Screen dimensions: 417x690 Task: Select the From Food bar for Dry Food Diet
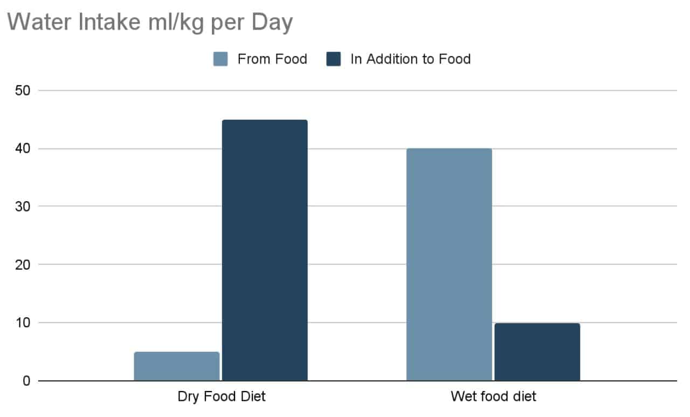pyautogui.click(x=177, y=366)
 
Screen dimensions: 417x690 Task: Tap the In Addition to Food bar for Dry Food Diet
pyautogui.click(x=265, y=250)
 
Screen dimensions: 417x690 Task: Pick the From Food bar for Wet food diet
pyautogui.click(x=449, y=264)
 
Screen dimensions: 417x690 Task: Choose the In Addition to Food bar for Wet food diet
pyautogui.click(x=537, y=352)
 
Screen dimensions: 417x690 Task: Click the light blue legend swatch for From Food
pyautogui.click(x=221, y=59)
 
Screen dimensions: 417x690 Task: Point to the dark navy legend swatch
pyautogui.click(x=334, y=59)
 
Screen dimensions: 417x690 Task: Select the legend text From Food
pyautogui.click(x=272, y=59)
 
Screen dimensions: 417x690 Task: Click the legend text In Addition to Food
pyautogui.click(x=410, y=59)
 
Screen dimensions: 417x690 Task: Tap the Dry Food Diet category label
pyautogui.click(x=222, y=398)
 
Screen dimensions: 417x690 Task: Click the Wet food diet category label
pyautogui.click(x=493, y=398)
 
